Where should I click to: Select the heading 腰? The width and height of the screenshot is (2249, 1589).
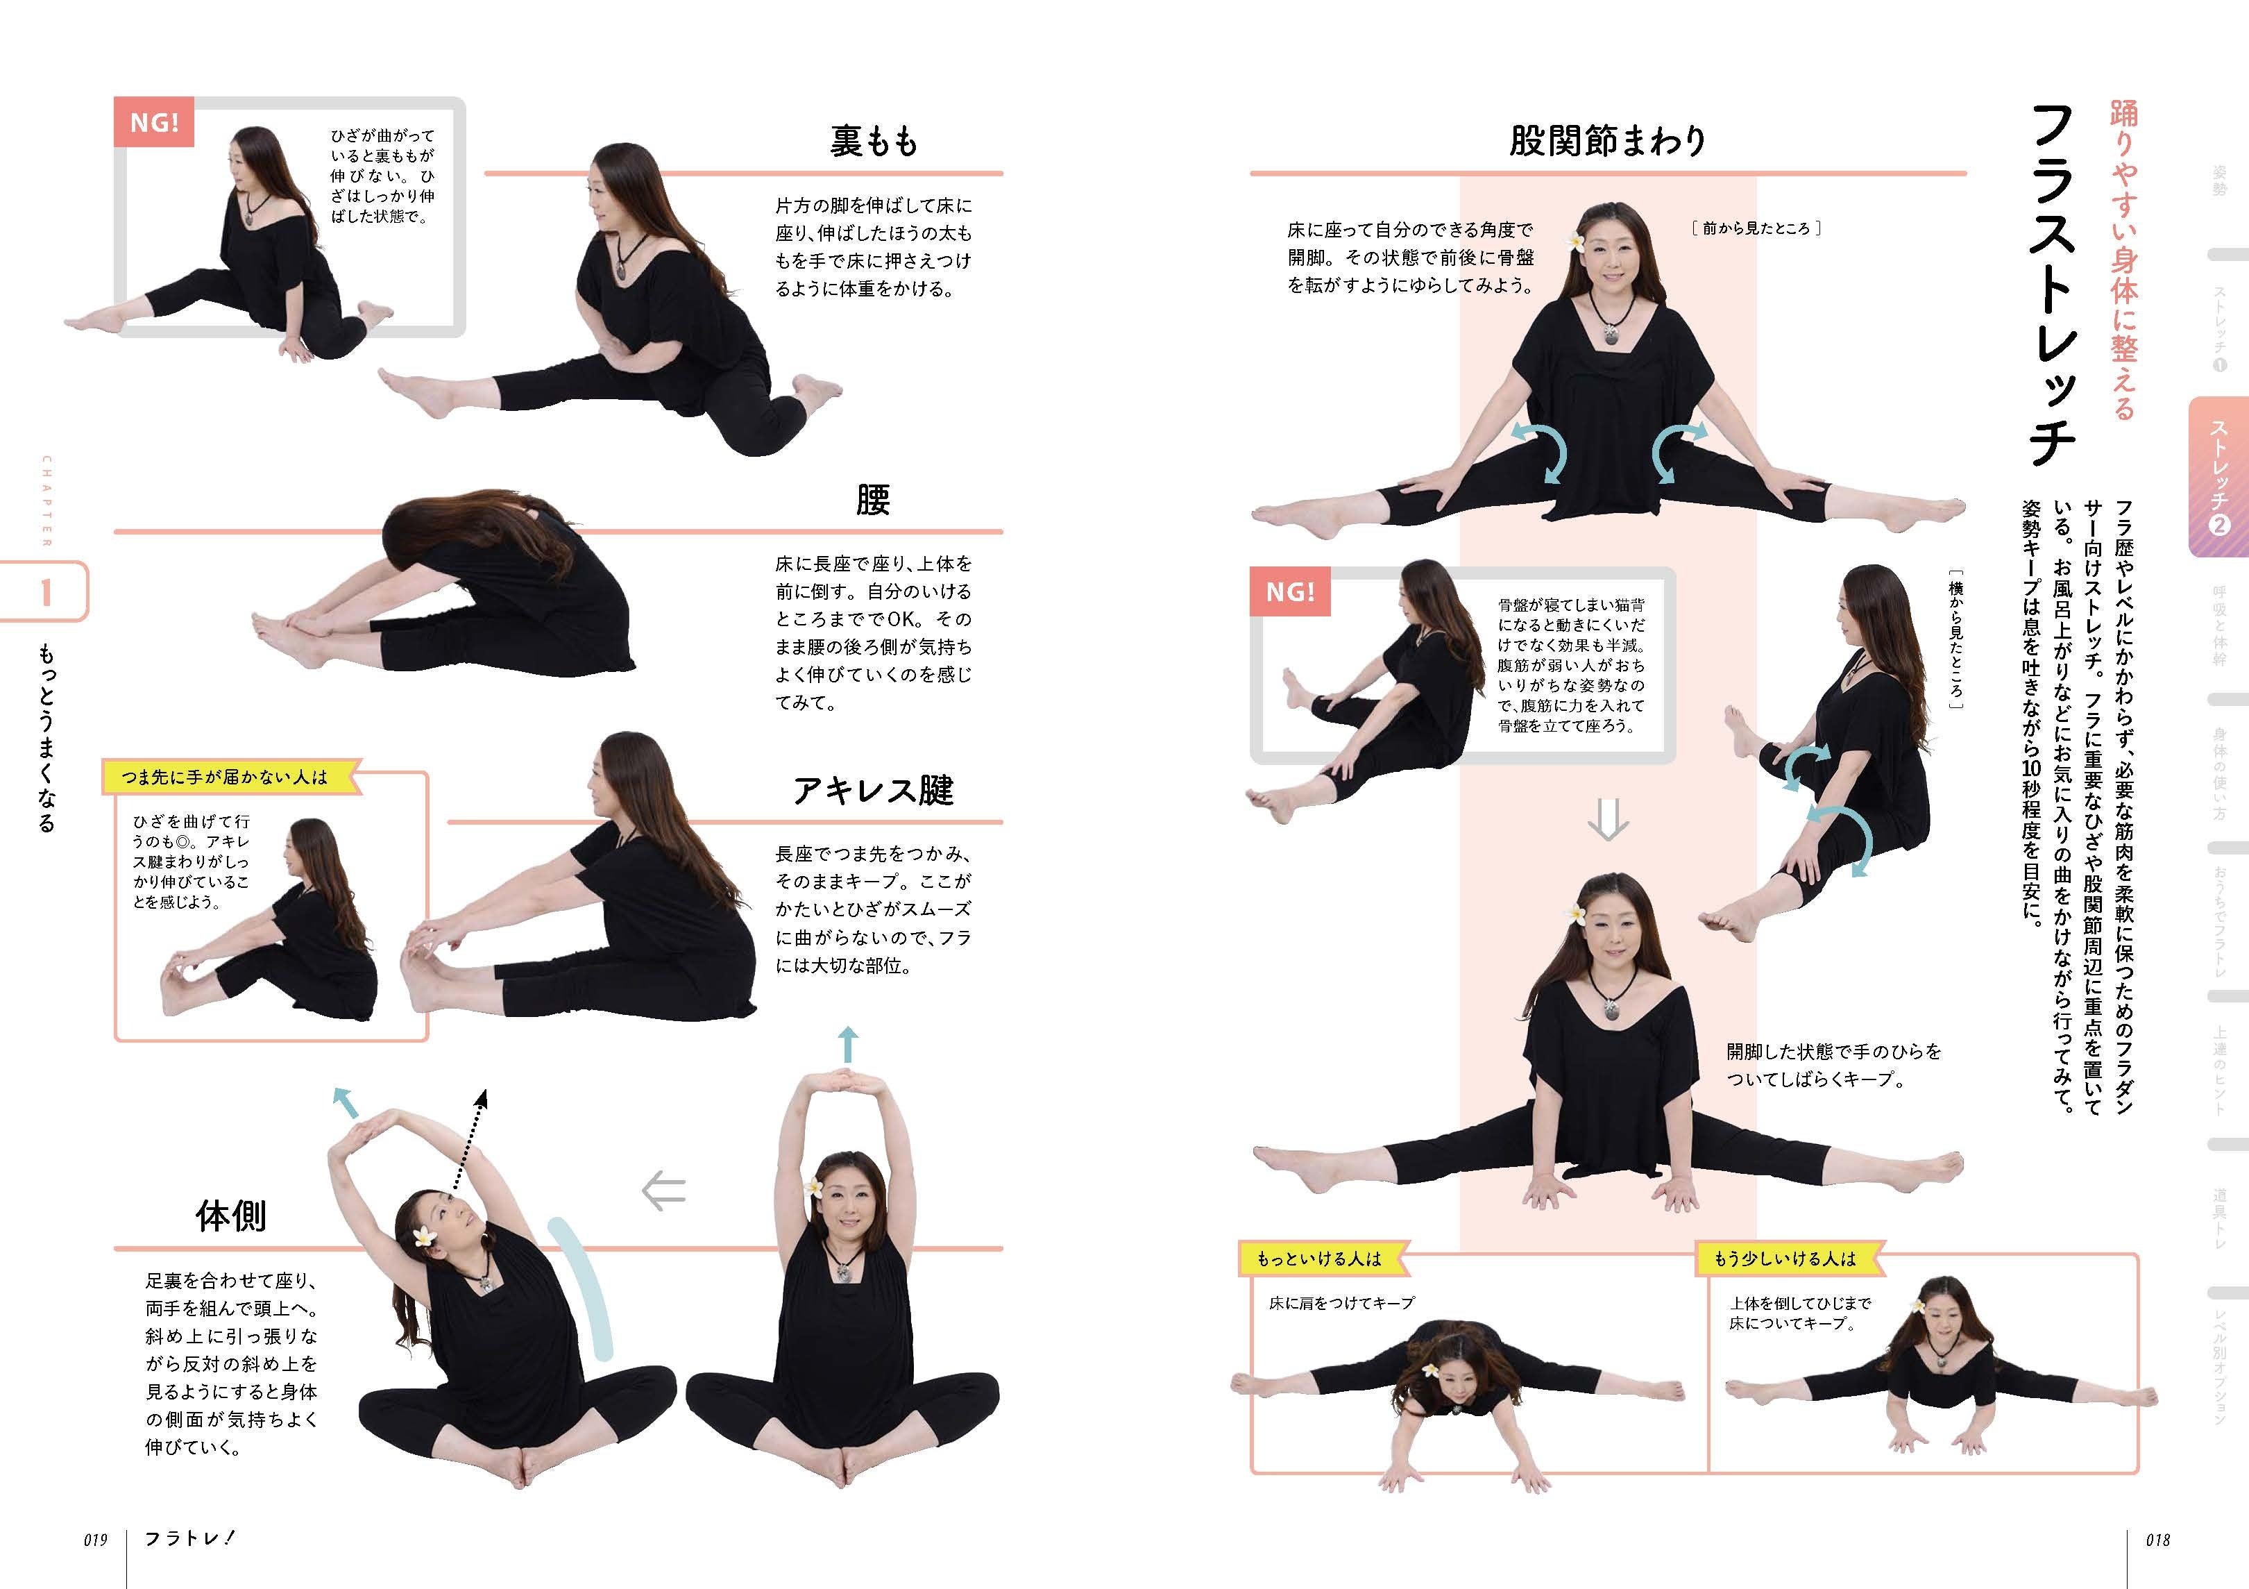(873, 500)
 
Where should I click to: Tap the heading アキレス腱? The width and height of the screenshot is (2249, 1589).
(873, 789)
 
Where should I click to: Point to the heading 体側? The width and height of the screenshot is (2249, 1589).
(230, 1216)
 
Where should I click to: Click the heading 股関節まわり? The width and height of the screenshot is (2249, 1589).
(1606, 141)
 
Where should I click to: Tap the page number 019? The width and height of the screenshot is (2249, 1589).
(95, 1539)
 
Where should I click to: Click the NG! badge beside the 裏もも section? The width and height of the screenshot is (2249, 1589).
(154, 122)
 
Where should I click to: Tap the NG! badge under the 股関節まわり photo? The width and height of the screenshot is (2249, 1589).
(1290, 591)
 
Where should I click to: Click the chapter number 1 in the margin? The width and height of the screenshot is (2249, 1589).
(45, 591)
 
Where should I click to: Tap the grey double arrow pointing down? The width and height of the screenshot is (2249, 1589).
(1607, 820)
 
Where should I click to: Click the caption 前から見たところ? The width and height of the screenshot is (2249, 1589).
(1756, 228)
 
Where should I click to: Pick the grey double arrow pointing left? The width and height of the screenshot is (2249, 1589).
(663, 1191)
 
